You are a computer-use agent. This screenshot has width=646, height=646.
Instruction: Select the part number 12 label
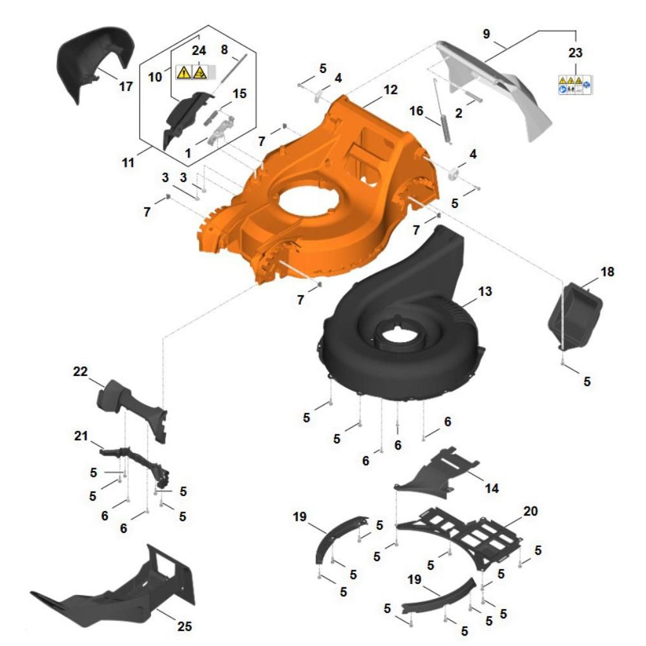point(390,90)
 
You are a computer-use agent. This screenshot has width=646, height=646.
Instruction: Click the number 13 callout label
point(485,291)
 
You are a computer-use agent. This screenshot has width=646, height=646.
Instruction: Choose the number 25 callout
point(185,626)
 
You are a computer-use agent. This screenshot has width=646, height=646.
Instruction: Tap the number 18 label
point(607,272)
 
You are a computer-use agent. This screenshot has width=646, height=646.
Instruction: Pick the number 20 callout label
point(530,511)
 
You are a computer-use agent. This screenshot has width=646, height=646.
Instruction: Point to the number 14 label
point(492,488)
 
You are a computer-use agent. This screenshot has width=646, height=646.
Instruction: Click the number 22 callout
point(80,371)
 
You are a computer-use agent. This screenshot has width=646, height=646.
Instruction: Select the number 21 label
point(81,435)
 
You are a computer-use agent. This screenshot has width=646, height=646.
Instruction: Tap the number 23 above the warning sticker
point(575,53)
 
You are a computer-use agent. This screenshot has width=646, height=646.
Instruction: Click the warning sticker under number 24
point(196,72)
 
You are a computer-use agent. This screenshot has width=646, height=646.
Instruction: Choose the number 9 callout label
point(486,34)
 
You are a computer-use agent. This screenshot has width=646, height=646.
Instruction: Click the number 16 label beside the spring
point(416,110)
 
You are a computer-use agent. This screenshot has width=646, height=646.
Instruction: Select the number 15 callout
point(240,94)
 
